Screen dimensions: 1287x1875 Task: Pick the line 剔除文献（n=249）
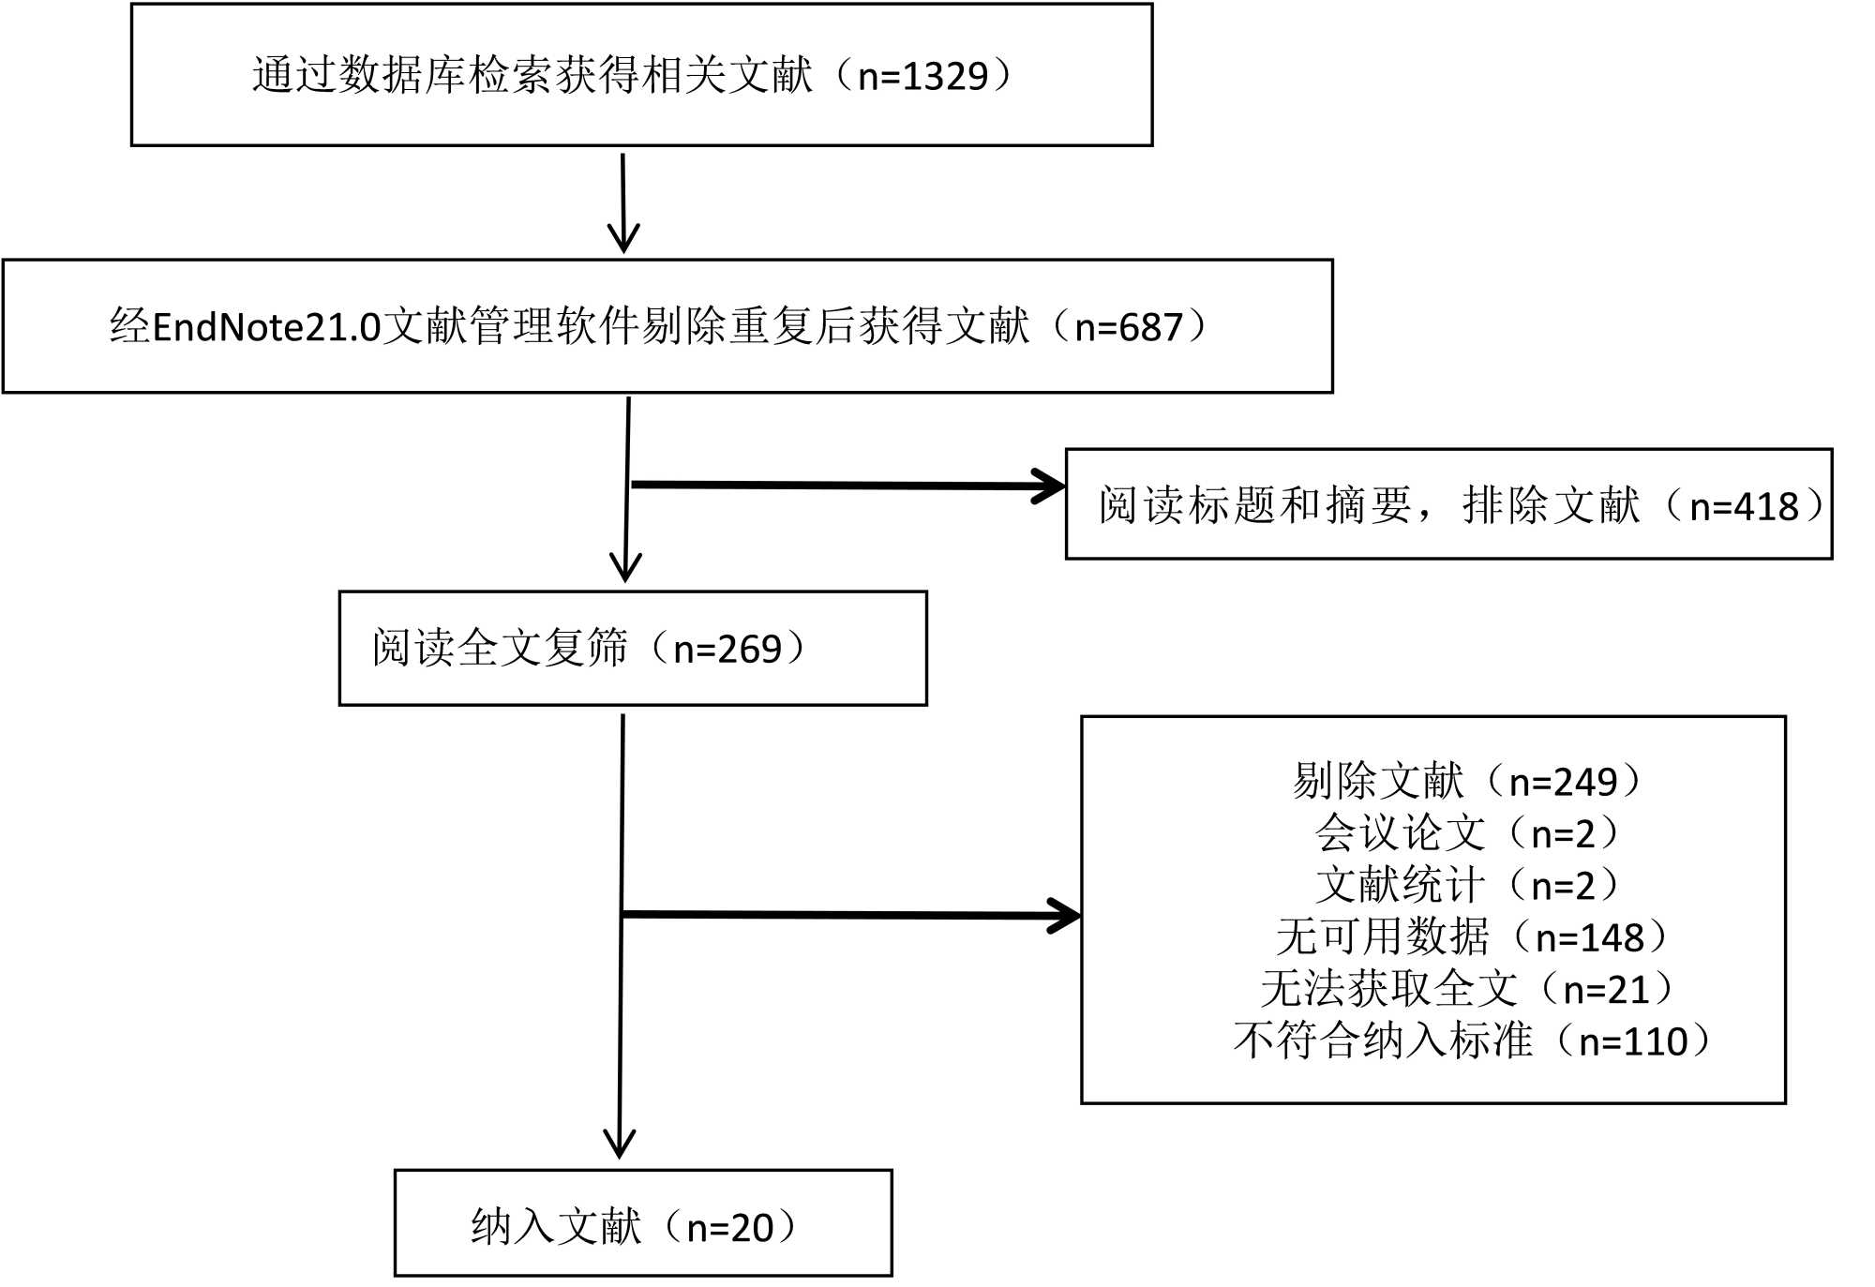(x=1467, y=781)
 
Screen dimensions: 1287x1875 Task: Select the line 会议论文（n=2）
(x=1467, y=832)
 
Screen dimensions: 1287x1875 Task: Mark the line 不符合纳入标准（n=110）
(x=1472, y=1040)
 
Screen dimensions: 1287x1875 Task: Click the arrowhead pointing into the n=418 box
(x=1050, y=486)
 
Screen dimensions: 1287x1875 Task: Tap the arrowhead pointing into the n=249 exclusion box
(x=1065, y=916)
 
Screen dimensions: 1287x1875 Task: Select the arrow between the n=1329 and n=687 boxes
(x=623, y=202)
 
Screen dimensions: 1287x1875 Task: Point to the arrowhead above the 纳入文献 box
(x=620, y=1144)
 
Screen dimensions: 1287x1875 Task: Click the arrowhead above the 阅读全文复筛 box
(x=625, y=567)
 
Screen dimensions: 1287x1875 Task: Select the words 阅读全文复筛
(x=500, y=649)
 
